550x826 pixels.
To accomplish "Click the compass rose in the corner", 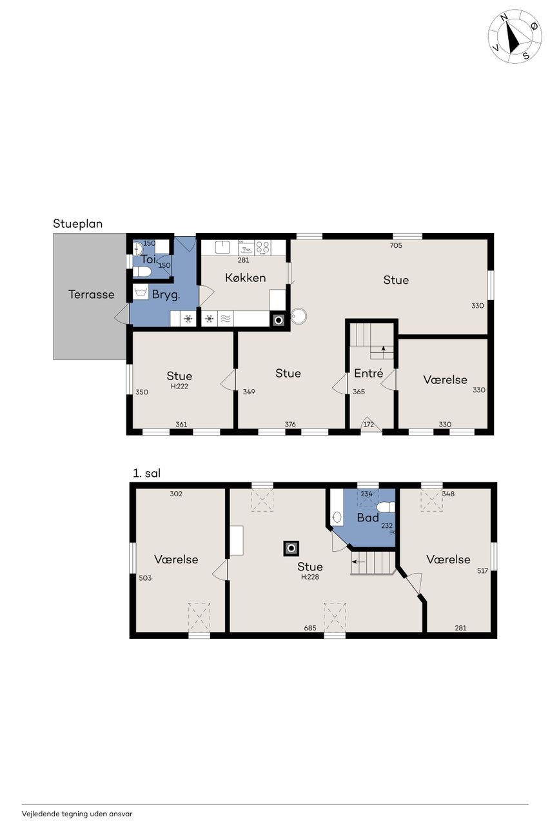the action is tap(515, 37).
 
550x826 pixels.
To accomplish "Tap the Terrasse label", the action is tap(92, 294).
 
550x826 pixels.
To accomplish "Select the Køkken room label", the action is tap(246, 277).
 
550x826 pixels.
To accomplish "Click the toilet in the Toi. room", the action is tap(142, 272).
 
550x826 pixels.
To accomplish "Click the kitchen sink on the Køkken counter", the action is tap(222, 247).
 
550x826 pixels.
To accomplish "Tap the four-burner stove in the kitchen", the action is tap(263, 247).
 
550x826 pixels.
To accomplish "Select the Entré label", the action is tap(368, 373).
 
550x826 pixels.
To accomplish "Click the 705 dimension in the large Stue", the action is tap(396, 245).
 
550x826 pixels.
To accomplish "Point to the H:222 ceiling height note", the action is tap(179, 386).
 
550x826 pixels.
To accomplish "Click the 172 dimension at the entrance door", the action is tap(368, 424).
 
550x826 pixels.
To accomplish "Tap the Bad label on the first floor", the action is tap(368, 518).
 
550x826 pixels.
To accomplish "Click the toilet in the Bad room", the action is tap(386, 507).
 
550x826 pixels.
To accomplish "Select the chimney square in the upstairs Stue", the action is tap(291, 549).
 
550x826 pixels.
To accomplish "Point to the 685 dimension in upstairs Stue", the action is tap(310, 628).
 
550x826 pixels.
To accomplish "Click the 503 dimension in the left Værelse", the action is tap(145, 578).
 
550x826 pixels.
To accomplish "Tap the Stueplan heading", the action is tap(78, 224).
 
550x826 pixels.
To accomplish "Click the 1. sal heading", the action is tap(146, 473).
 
